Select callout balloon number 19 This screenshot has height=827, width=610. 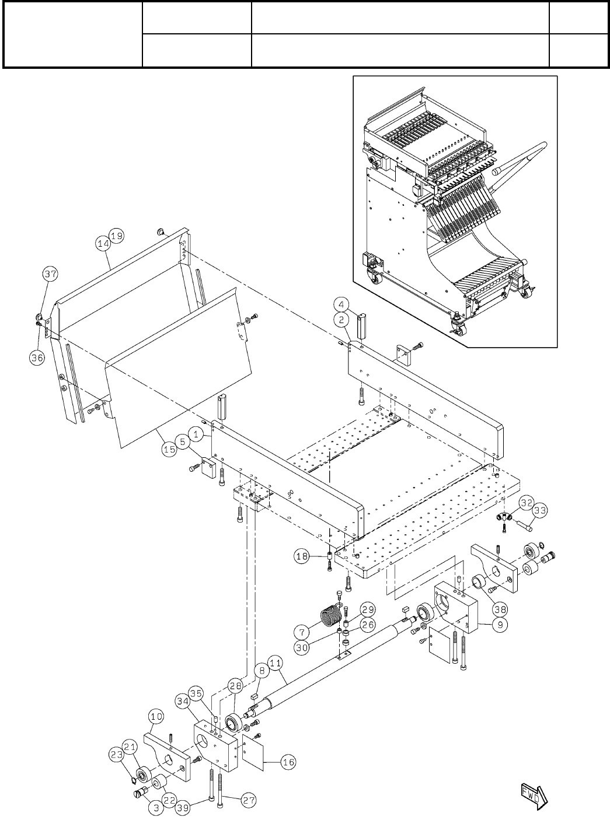(x=116, y=236)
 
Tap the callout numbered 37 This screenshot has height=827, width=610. (x=50, y=273)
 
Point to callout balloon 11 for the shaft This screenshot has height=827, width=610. (x=276, y=663)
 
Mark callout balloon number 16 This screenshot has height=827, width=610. (x=288, y=762)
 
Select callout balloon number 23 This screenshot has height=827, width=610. (x=117, y=754)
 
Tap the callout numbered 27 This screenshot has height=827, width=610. (x=249, y=801)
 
